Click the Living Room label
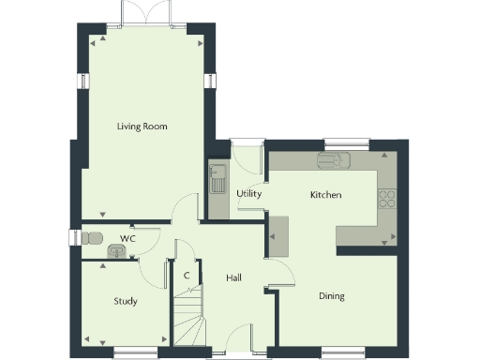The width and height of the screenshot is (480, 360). point(142,126)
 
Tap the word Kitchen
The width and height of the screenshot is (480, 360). point(325,195)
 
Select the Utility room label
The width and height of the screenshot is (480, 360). point(248,194)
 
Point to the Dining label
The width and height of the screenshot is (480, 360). point(331,296)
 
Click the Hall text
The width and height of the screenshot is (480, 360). point(235,277)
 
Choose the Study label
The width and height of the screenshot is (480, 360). point(126,301)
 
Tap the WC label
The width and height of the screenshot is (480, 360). point(127,239)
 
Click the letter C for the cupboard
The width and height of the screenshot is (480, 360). point(187,276)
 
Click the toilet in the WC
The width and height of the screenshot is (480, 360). point(91,239)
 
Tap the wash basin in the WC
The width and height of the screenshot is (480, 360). point(117,251)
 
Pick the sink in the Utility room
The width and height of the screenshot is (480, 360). point(217,177)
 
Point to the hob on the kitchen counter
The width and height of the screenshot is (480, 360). point(386,198)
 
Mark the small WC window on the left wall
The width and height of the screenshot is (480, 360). point(71,238)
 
